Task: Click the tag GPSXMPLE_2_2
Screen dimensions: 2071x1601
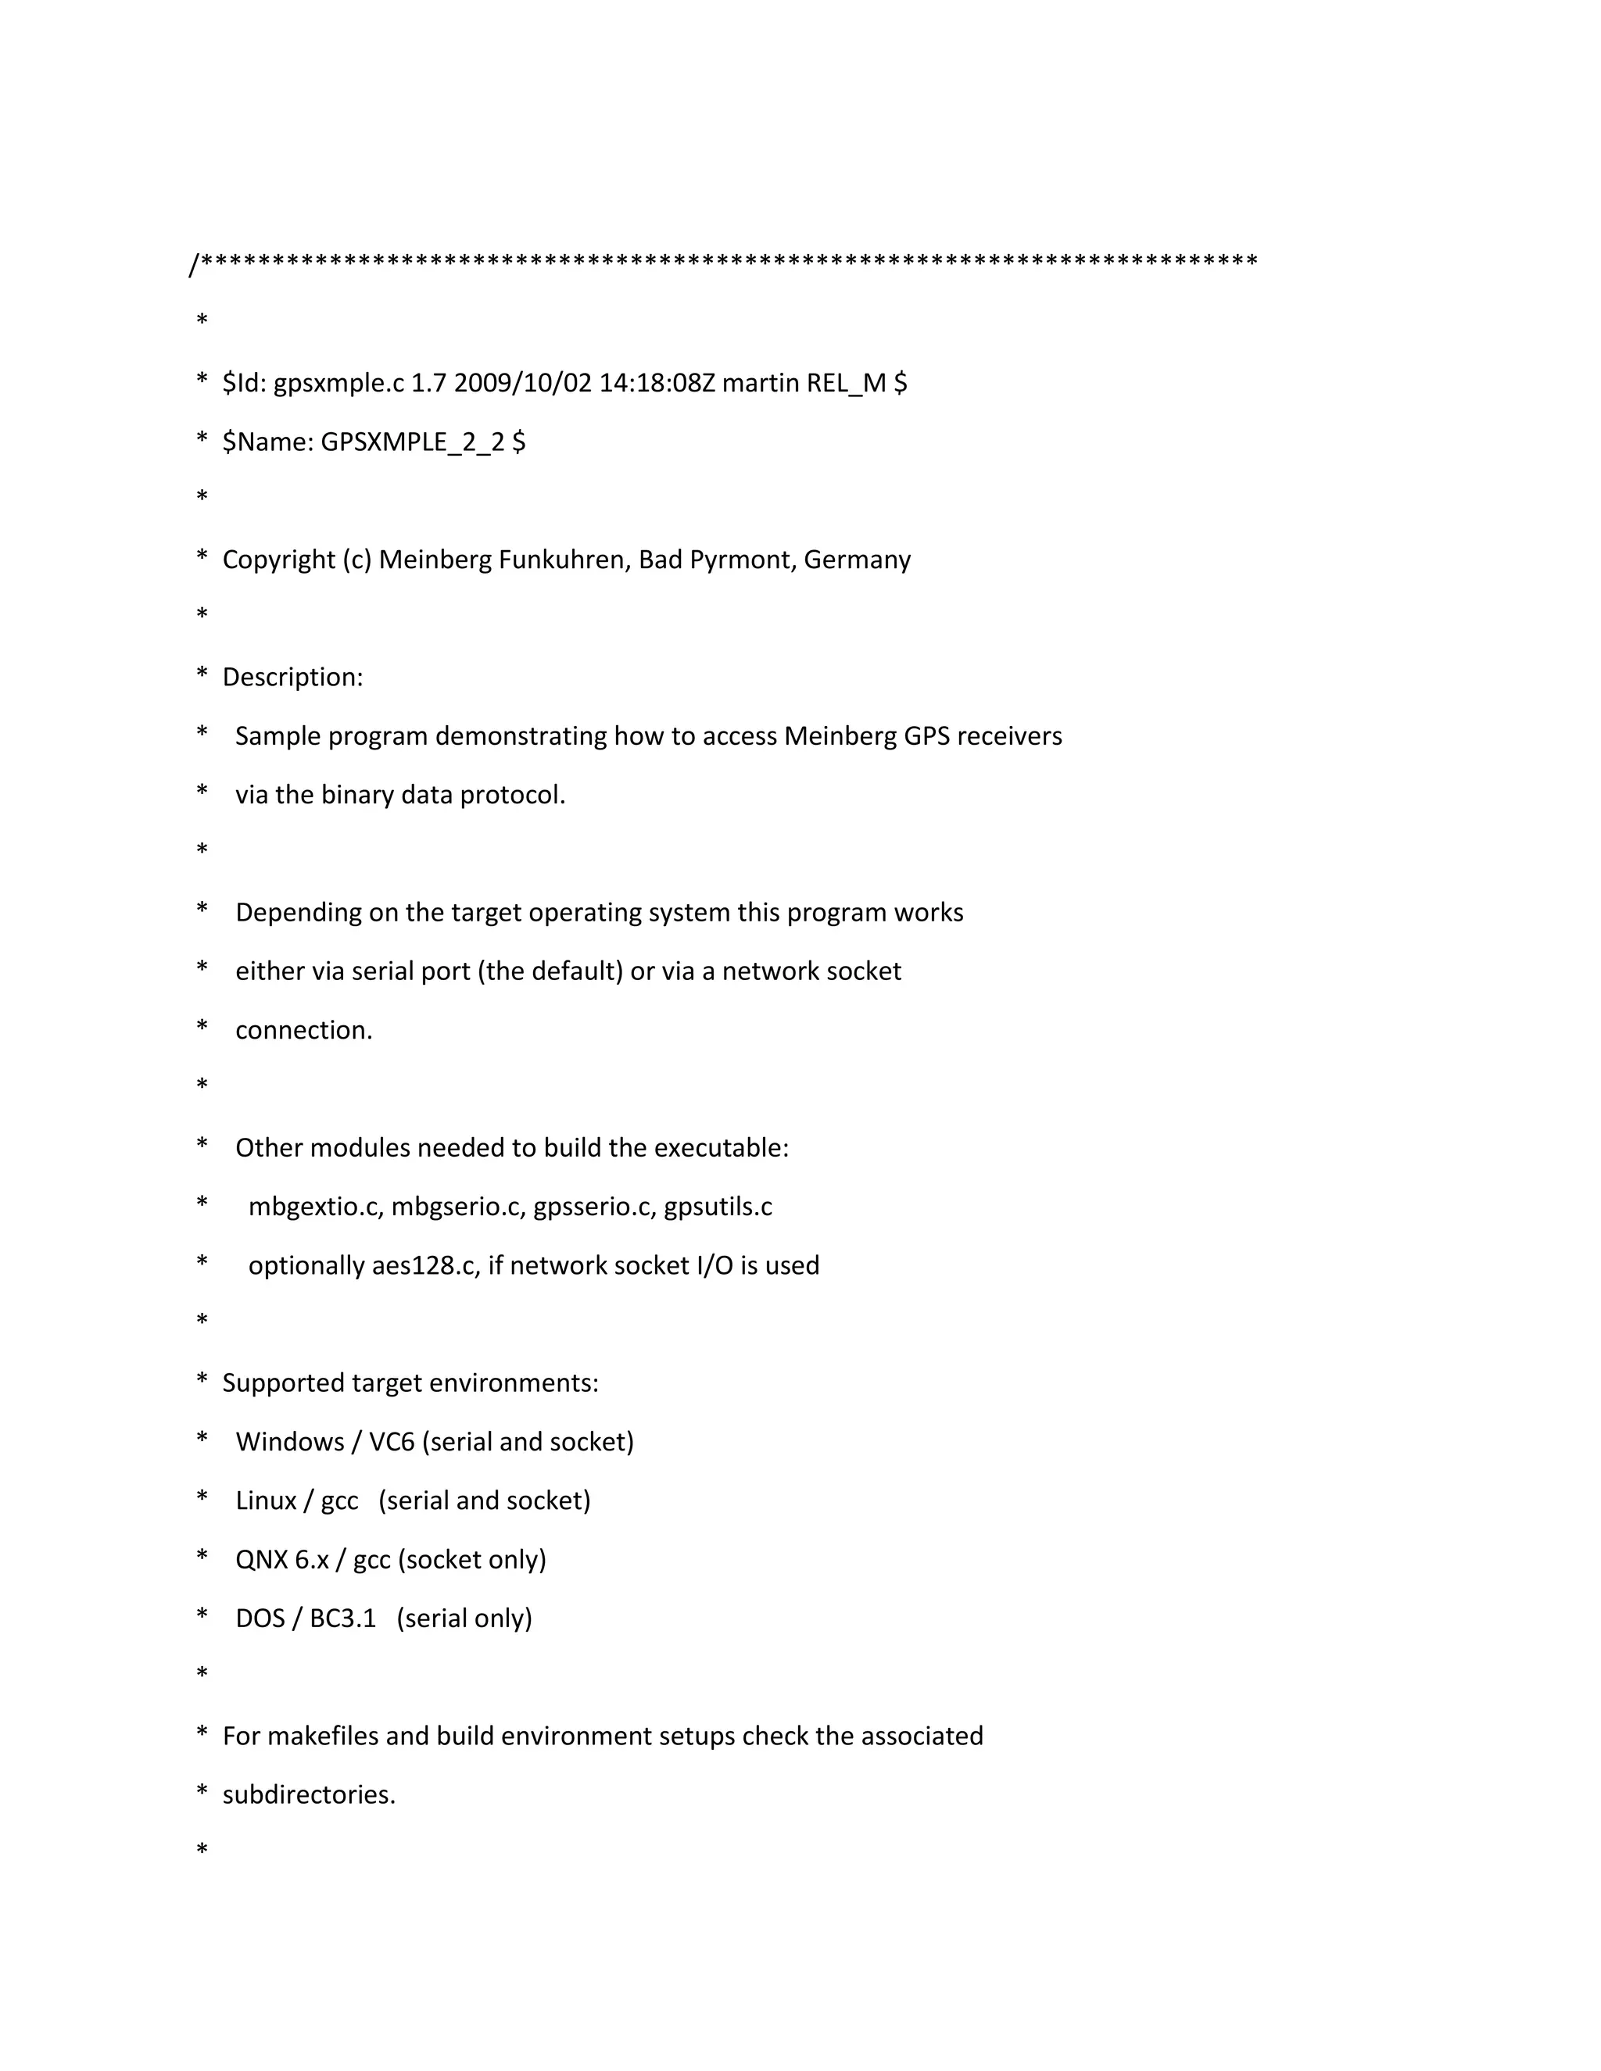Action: (412, 442)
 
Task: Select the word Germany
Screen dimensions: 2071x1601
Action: (857, 560)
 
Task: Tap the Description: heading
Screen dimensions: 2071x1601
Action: (292, 677)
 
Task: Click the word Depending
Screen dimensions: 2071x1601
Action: (299, 912)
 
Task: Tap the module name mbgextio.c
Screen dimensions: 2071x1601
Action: (315, 1206)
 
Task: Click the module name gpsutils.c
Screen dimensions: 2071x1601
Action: (717, 1206)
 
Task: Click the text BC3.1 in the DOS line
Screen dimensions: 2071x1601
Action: (342, 1618)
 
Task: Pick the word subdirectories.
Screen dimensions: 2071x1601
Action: (308, 1794)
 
